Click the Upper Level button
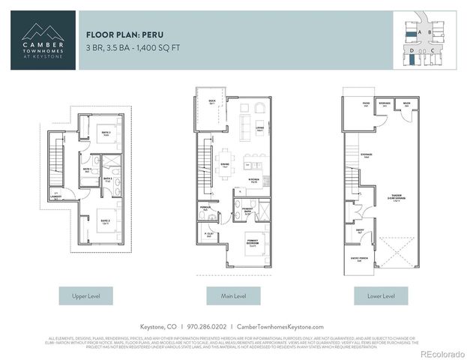pyautogui.click(x=85, y=296)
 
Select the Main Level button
pyautogui.click(x=233, y=296)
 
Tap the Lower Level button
pyautogui.click(x=381, y=296)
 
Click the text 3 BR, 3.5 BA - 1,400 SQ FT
pyautogui.click(x=133, y=47)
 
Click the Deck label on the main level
pyautogui.click(x=212, y=102)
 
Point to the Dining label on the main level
pyautogui.click(x=225, y=166)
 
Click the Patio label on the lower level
pyautogui.click(x=366, y=105)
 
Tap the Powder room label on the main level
pyautogui.click(x=205, y=209)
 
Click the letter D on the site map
pyautogui.click(x=412, y=50)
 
